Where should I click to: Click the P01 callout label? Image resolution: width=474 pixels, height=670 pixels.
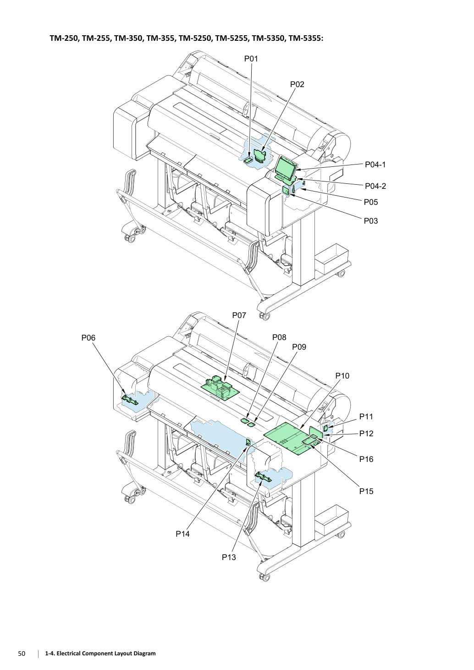(251, 59)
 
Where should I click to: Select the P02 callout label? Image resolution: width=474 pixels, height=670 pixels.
(297, 85)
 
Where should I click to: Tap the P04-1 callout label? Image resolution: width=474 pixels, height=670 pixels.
(375, 165)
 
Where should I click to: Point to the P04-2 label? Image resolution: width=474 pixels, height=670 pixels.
(375, 186)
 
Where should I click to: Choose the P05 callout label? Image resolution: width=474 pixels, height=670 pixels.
(371, 202)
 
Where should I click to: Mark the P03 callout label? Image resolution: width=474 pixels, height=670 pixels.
(371, 221)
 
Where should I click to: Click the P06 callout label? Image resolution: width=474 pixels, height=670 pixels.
(88, 338)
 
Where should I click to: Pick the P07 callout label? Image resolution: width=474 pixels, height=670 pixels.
(239, 315)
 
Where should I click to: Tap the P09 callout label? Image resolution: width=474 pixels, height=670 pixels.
(299, 347)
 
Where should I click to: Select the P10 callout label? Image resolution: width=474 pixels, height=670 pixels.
(342, 376)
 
